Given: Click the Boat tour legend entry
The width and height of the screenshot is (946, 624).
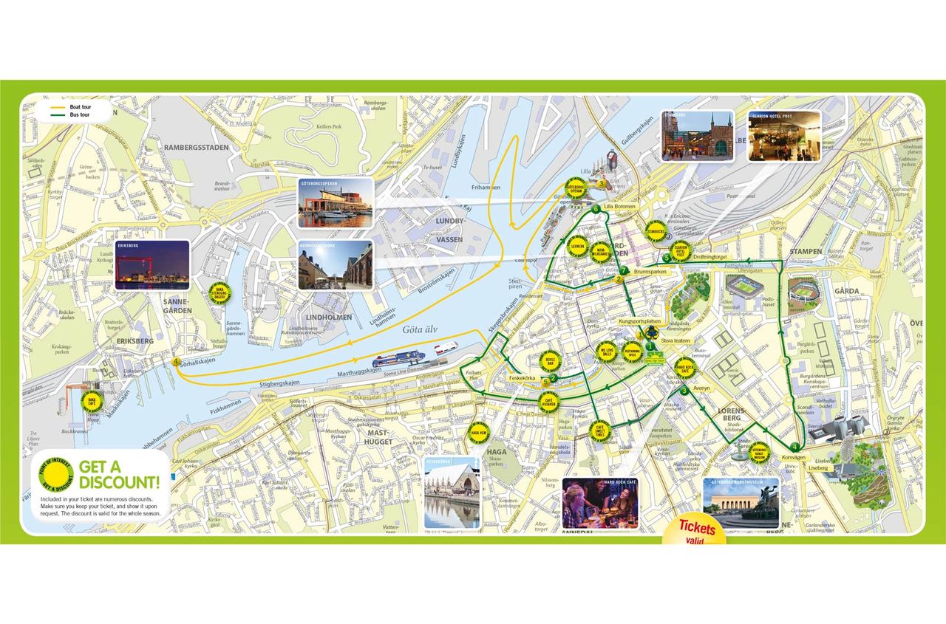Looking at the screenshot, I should tap(69, 108).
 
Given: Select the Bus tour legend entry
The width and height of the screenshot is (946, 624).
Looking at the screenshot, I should tap(69, 115).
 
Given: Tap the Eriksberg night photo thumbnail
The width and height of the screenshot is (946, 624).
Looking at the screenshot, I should tap(152, 265).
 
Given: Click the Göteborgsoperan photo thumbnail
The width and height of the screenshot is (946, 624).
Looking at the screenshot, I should tap(336, 202).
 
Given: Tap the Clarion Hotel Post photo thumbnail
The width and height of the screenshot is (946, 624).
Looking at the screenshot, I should tap(784, 136).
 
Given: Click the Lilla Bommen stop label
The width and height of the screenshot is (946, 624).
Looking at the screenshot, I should tap(619, 207).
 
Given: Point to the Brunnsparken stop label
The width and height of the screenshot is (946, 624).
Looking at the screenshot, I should tap(650, 272).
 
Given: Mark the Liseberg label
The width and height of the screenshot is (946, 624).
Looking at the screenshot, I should tap(818, 467).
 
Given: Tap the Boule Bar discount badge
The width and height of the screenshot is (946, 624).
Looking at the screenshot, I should tap(549, 362).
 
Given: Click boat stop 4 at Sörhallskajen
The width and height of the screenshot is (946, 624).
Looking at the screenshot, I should tap(176, 362).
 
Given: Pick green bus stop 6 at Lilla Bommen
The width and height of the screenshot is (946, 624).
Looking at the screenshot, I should tap(595, 210).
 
